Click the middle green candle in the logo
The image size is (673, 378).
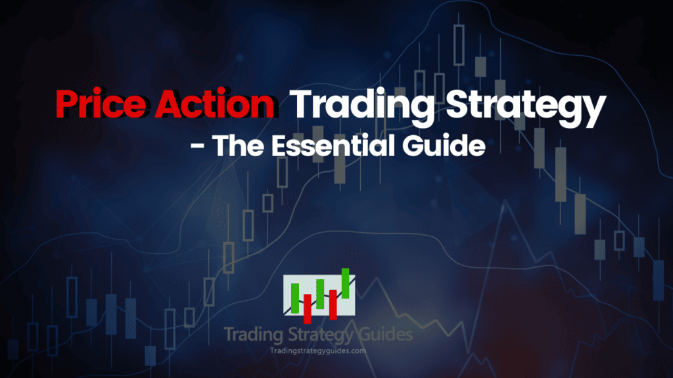(x=320, y=293)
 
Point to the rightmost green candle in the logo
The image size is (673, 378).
(x=345, y=283)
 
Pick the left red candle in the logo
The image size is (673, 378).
(x=307, y=306)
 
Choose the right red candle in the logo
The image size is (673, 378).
(x=333, y=303)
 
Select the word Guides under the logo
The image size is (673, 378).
(x=387, y=335)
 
